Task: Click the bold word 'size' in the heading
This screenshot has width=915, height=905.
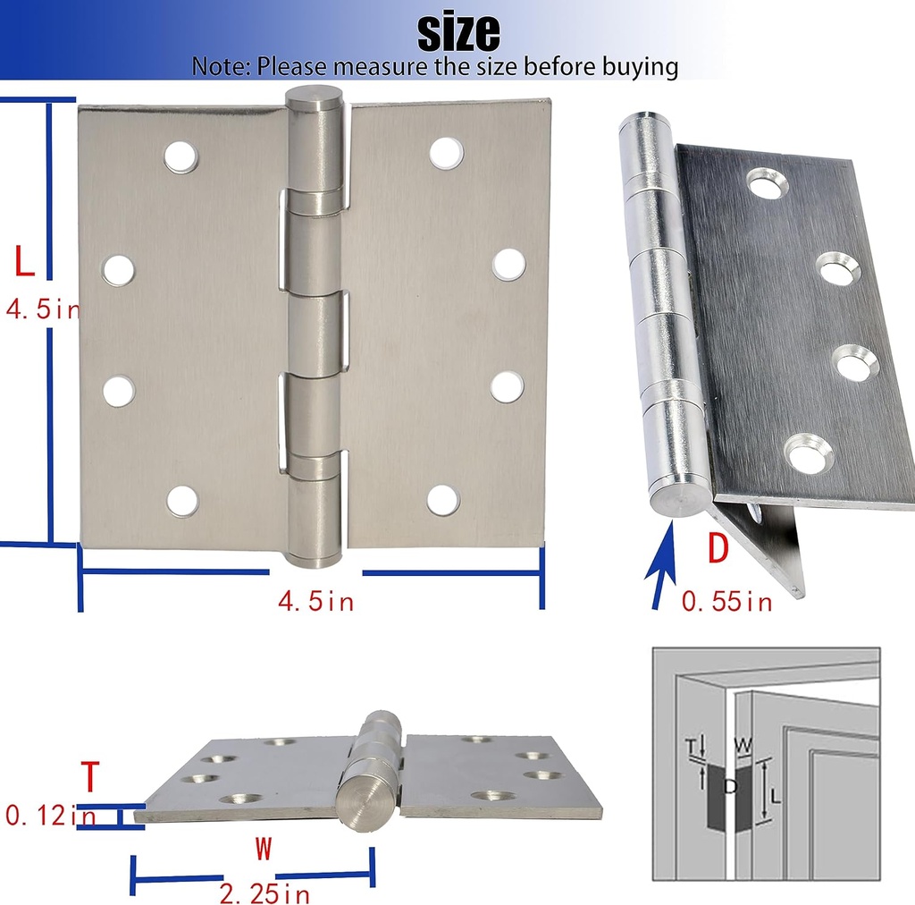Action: tap(458, 32)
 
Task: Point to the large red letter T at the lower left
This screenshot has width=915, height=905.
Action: tap(90, 776)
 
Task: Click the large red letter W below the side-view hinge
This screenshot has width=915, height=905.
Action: tap(264, 849)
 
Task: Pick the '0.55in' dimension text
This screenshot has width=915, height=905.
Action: tap(726, 601)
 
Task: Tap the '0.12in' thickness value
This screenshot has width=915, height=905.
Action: tap(50, 815)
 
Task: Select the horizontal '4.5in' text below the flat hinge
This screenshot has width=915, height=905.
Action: tap(315, 601)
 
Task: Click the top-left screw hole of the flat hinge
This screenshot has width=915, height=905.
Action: tap(180, 157)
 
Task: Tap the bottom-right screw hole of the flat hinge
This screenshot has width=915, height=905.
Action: tap(443, 501)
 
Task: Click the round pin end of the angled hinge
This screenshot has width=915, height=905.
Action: tap(680, 500)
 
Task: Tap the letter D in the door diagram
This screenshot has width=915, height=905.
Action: tap(730, 786)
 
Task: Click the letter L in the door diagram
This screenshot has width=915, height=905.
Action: tap(775, 796)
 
